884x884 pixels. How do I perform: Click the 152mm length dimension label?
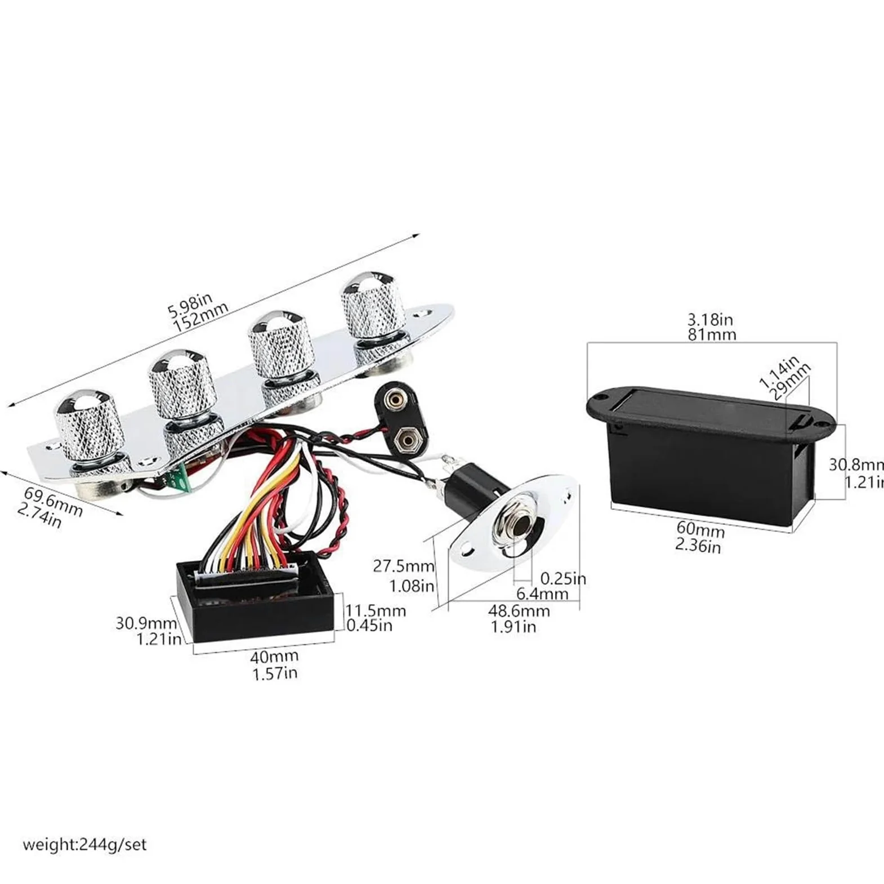(201, 318)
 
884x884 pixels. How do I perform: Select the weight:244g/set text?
(84, 845)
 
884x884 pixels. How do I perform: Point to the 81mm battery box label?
(712, 334)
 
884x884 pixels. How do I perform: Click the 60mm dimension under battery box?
(700, 530)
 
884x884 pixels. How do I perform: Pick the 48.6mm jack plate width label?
(519, 611)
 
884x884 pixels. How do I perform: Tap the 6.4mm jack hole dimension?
(543, 593)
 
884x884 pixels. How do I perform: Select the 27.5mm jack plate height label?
(404, 566)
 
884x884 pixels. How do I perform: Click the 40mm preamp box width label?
(275, 656)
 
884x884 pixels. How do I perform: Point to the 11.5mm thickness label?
(376, 610)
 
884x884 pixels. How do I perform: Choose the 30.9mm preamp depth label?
(146, 623)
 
